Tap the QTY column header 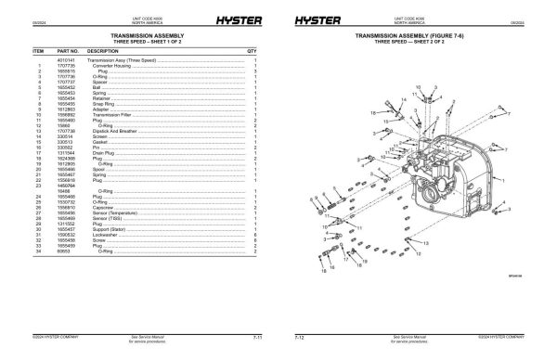coord(252,51)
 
